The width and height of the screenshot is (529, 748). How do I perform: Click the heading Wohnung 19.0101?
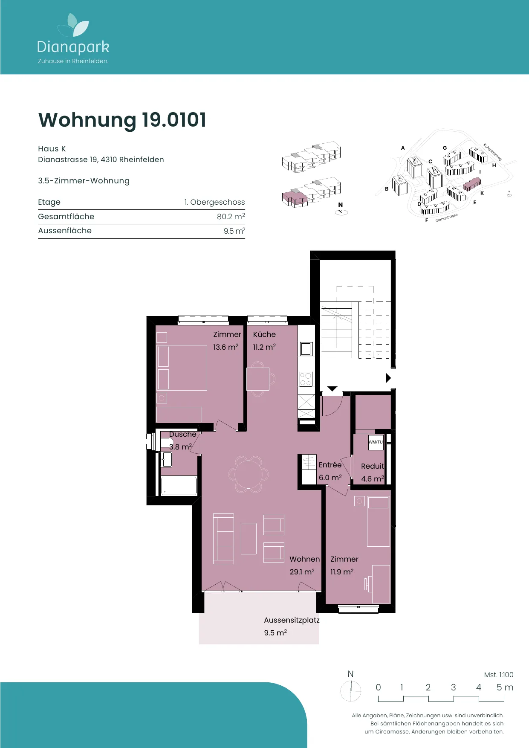pyautogui.click(x=122, y=120)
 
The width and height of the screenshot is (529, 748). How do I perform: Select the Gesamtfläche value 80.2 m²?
pyautogui.click(x=231, y=216)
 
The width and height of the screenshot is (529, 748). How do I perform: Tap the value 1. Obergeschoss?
pyautogui.click(x=215, y=202)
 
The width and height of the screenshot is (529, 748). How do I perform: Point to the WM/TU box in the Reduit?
pyautogui.click(x=376, y=442)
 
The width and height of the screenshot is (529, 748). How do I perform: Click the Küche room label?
pyautogui.click(x=264, y=334)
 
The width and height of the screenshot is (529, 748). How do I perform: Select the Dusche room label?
pyautogui.click(x=183, y=434)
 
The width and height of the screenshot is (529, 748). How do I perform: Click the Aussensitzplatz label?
pyautogui.click(x=292, y=620)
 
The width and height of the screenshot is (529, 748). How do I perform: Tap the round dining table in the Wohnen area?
pyautogui.click(x=249, y=474)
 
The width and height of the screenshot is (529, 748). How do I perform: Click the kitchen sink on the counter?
pyautogui.click(x=306, y=349)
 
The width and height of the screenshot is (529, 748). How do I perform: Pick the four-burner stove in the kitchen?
pyautogui.click(x=306, y=379)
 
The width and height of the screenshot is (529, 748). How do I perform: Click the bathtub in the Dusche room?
pyautogui.click(x=179, y=486)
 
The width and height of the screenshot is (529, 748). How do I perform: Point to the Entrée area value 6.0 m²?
pyautogui.click(x=330, y=478)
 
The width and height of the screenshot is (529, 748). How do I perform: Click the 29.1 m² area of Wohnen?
pyautogui.click(x=302, y=572)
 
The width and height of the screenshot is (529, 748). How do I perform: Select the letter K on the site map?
pyautogui.click(x=482, y=193)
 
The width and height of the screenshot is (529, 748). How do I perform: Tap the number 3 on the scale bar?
pyautogui.click(x=454, y=687)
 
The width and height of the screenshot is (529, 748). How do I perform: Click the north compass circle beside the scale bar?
pyautogui.click(x=351, y=690)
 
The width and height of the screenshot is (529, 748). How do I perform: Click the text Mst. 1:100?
pyautogui.click(x=499, y=675)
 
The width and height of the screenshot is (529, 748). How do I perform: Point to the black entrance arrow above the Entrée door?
pyautogui.click(x=332, y=389)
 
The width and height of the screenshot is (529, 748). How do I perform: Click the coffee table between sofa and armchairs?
pyautogui.click(x=249, y=539)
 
